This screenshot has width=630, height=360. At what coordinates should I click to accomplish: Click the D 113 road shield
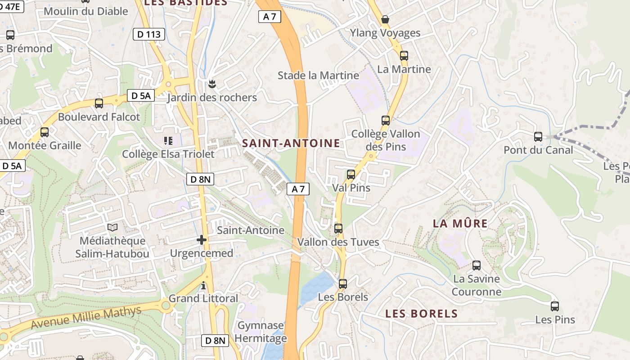149,34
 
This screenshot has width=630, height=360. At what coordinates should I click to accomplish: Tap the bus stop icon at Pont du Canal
538,137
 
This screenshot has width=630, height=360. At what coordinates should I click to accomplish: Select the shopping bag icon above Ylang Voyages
385,19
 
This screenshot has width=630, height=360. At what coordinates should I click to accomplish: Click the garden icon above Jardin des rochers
211,84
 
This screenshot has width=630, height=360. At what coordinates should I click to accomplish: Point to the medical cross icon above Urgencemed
202,240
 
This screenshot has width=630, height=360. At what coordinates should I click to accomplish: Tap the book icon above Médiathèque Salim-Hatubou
112,228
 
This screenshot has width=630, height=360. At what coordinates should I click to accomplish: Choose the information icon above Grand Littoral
203,285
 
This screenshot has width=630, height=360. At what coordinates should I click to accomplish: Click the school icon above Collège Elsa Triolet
169,141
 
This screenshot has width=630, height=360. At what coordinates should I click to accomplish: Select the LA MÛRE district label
460,224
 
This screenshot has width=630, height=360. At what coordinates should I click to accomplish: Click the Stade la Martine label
318,75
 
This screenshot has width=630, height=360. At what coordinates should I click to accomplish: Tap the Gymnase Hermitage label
261,332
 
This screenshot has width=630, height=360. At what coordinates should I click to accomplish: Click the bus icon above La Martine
404,56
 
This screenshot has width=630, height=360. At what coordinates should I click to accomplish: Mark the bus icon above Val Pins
351,175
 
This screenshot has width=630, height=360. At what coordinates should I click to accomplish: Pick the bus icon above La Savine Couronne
477,265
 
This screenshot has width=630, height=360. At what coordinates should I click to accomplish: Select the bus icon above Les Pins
555,306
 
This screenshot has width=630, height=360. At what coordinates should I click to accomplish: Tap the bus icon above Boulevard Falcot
99,103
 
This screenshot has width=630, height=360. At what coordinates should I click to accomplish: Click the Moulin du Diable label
86,11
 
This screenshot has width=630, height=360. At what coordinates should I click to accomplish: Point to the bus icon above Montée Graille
45,132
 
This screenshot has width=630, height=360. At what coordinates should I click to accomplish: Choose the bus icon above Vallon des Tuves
338,229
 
